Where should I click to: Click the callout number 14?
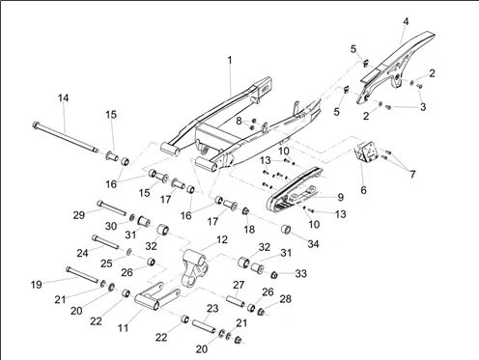pos(64,97)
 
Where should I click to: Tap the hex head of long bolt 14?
pos(36,125)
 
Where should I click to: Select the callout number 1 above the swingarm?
pos(230,60)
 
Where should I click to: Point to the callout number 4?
pos(406,21)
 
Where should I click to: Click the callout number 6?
pos(363,190)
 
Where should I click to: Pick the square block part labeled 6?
pos(366,151)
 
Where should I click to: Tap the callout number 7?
pos(412,174)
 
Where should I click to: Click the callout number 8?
pos(239,122)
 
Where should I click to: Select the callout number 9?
pos(341,197)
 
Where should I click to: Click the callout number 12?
pos(222,239)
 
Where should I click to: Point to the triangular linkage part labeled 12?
pos(194,268)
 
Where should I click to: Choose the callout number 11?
pos(123,328)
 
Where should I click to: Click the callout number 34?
pos(313,244)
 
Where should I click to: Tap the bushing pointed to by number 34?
pos(286,230)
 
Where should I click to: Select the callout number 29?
pos(79,215)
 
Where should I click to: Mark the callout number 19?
pos(36,285)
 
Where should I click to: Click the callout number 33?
pos(301,273)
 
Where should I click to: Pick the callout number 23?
pos(212,309)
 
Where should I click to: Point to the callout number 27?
pos(239,285)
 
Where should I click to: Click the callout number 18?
pos(249,230)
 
